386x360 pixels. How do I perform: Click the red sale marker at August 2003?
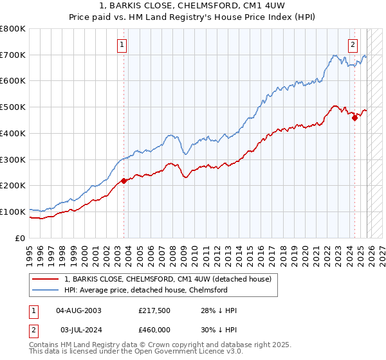(x=124, y=181)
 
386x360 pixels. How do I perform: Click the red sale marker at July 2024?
(x=354, y=117)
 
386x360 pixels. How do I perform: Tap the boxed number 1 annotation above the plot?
(x=122, y=45)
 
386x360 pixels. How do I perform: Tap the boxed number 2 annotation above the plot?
(x=353, y=45)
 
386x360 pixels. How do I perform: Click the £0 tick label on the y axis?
(x=21, y=238)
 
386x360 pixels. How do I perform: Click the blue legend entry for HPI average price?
(x=146, y=290)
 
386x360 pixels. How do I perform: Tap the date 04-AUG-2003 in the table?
(x=78, y=310)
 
